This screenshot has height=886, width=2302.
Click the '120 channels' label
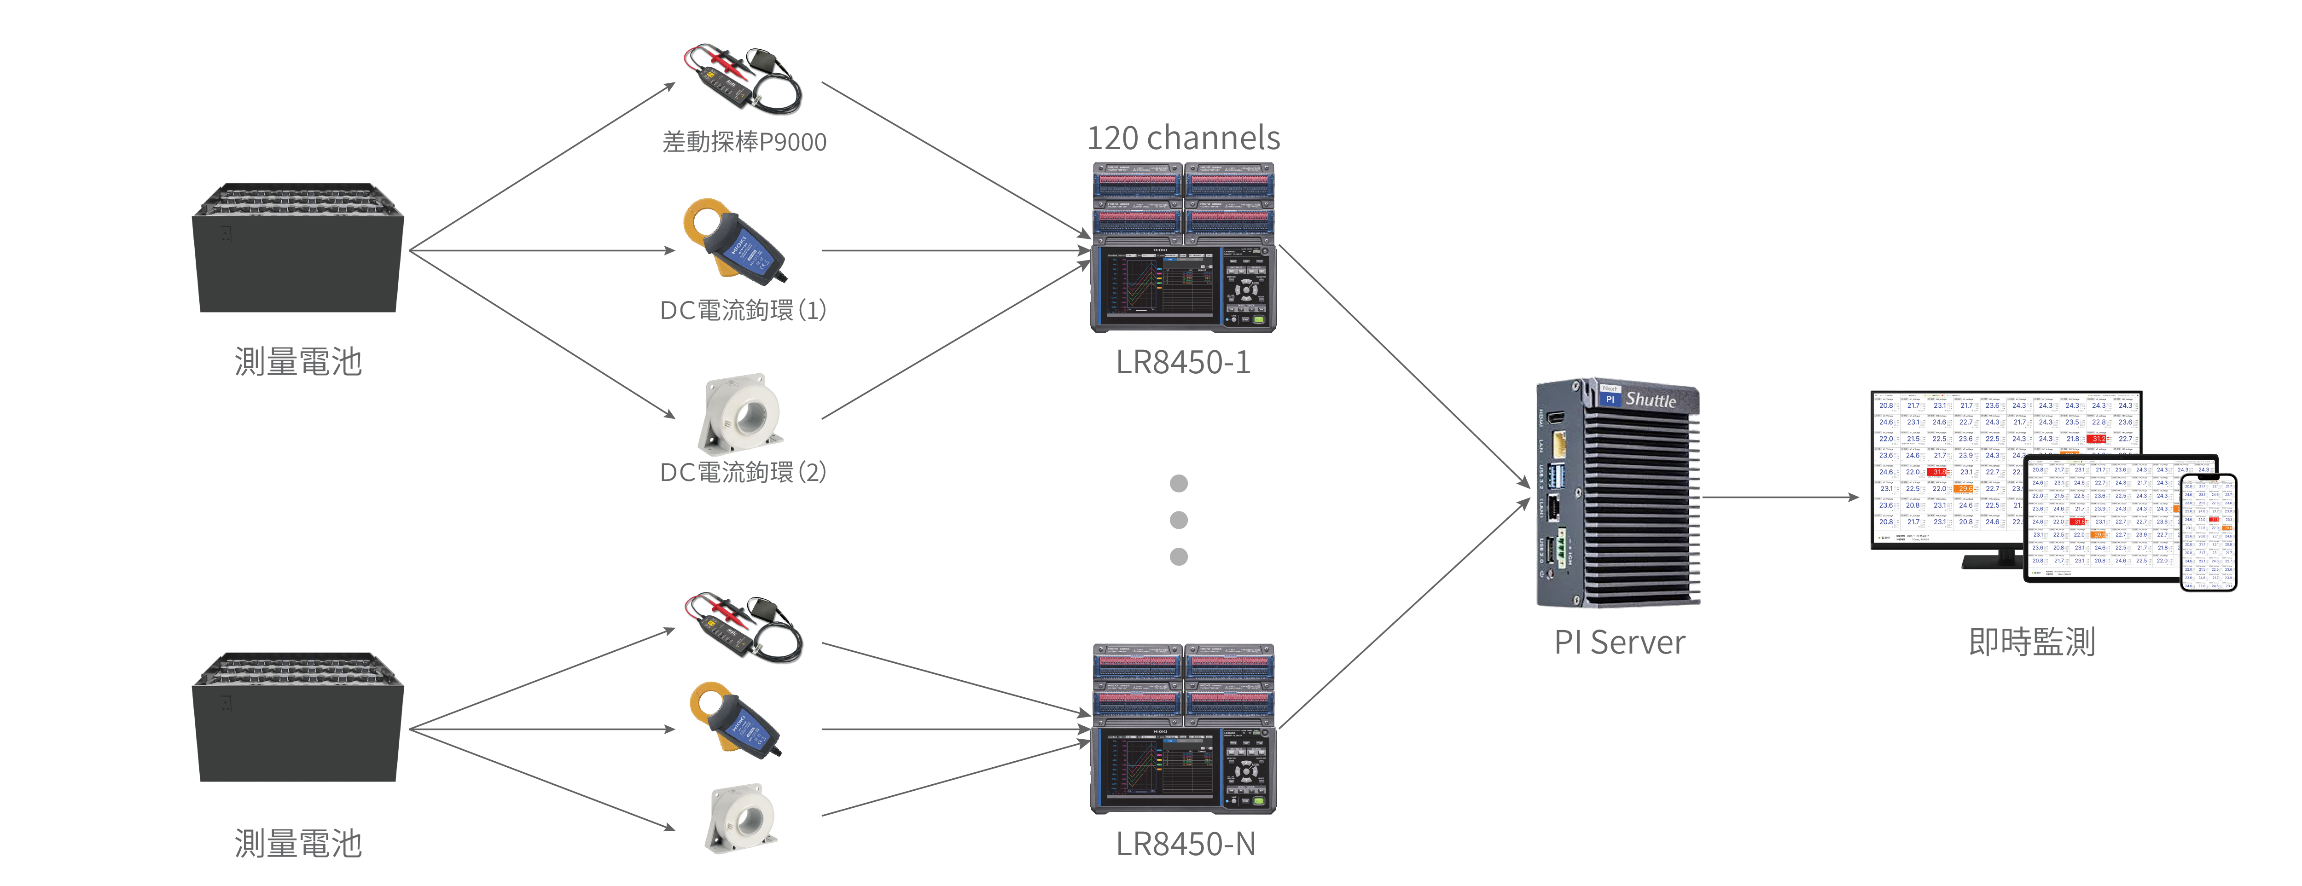point(1183,139)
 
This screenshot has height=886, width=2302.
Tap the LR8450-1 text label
point(1183,362)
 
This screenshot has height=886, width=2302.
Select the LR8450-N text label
point(1185,843)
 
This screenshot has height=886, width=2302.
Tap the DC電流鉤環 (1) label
point(743,310)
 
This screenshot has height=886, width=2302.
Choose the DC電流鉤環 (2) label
point(743,472)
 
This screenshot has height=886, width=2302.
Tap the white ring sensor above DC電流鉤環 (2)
point(742,413)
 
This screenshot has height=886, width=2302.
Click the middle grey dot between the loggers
point(1179,520)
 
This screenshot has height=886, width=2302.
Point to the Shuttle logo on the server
point(1650,399)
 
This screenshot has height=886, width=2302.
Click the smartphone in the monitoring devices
point(2208,533)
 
